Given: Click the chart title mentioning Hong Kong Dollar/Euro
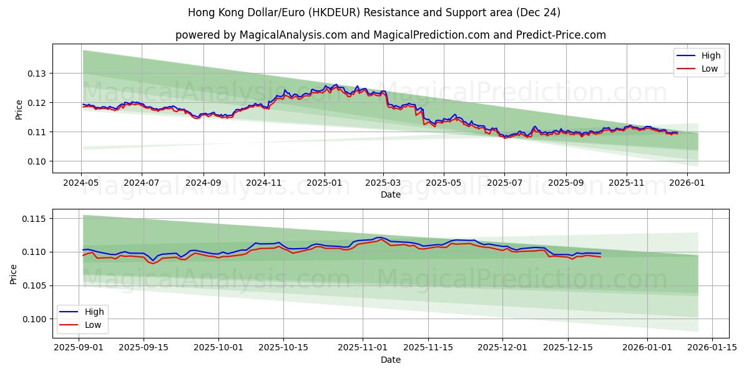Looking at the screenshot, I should [374, 12].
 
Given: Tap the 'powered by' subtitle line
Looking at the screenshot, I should [390, 35].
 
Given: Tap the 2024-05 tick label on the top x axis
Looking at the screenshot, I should [81, 184].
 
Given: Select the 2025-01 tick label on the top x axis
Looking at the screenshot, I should [324, 184].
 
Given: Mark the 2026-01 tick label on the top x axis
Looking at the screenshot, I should [687, 184].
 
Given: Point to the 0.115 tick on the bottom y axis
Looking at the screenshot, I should [35, 219].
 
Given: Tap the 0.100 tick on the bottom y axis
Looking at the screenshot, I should [35, 319].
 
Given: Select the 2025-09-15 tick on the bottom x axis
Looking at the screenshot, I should [144, 347].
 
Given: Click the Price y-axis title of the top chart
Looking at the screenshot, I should [19, 110].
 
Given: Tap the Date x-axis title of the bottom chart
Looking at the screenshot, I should [391, 360].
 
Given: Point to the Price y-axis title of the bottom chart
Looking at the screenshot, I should [14, 274].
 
